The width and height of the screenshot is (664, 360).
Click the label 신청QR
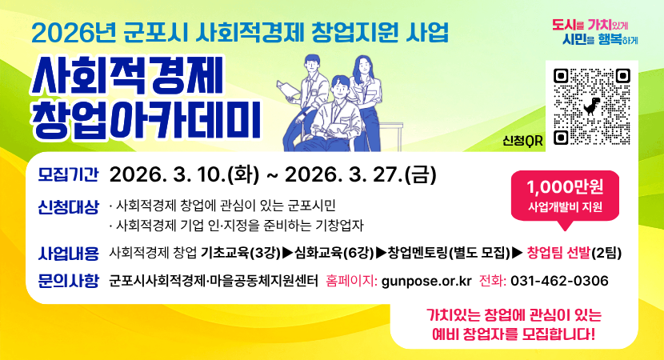[x=522, y=141]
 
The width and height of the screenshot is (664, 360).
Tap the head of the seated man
[x=342, y=86]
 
